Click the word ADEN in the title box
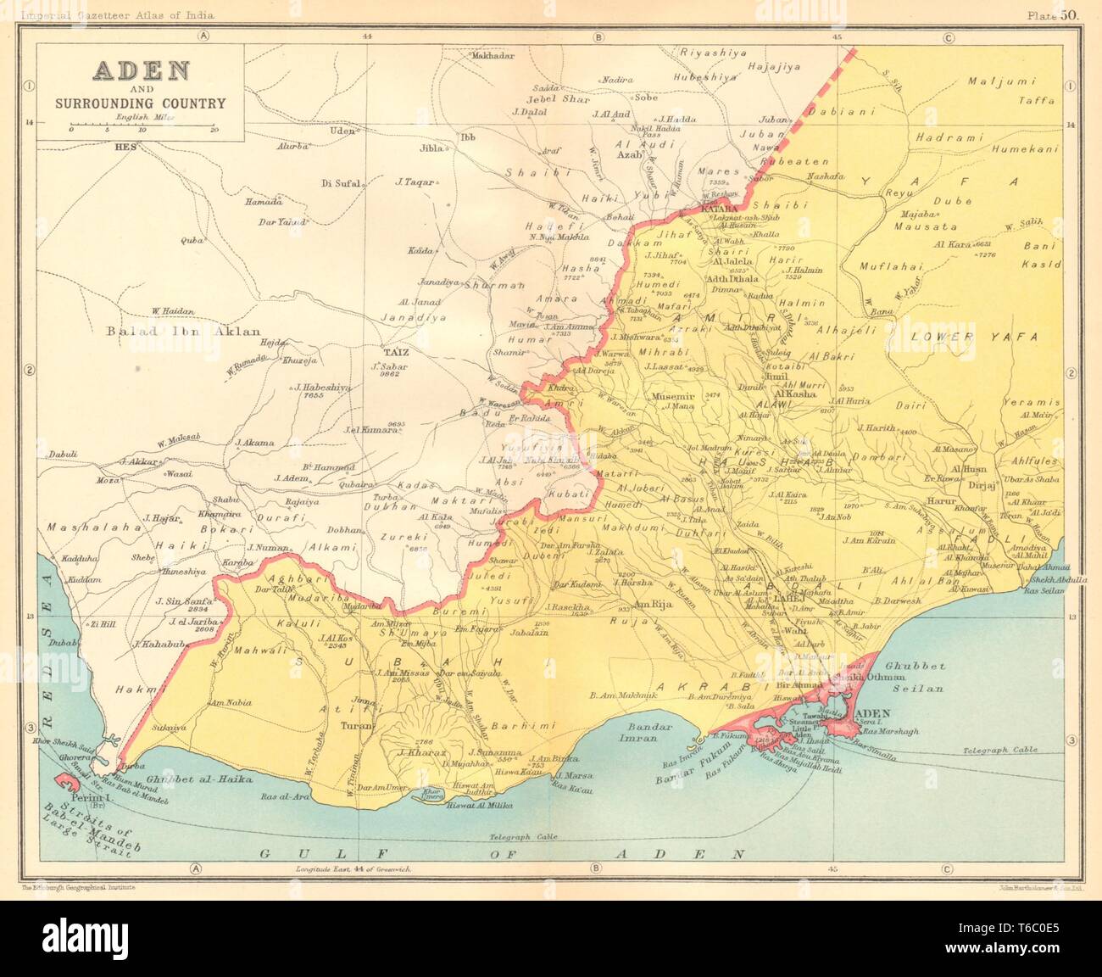[x=141, y=70]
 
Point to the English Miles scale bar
[x=142, y=126]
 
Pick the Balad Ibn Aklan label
[x=184, y=332]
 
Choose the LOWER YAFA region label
[x=974, y=337]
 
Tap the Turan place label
[x=352, y=727]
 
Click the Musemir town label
[x=670, y=396]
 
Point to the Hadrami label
[x=947, y=137]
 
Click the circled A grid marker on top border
[x=203, y=36]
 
